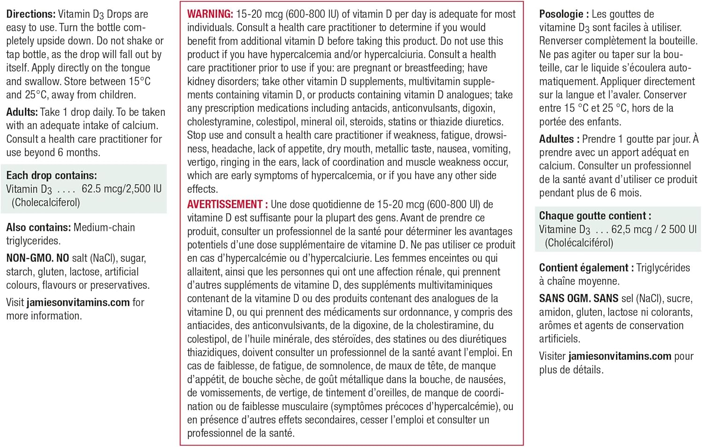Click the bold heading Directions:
point(30,14)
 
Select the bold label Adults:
point(22,112)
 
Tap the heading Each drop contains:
point(51,176)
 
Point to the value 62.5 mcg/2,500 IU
point(121,189)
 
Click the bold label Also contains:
point(38,227)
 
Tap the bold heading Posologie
point(561,14)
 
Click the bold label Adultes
point(556,139)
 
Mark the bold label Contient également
point(583,268)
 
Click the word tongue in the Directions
point(134,68)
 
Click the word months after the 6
point(83,153)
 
